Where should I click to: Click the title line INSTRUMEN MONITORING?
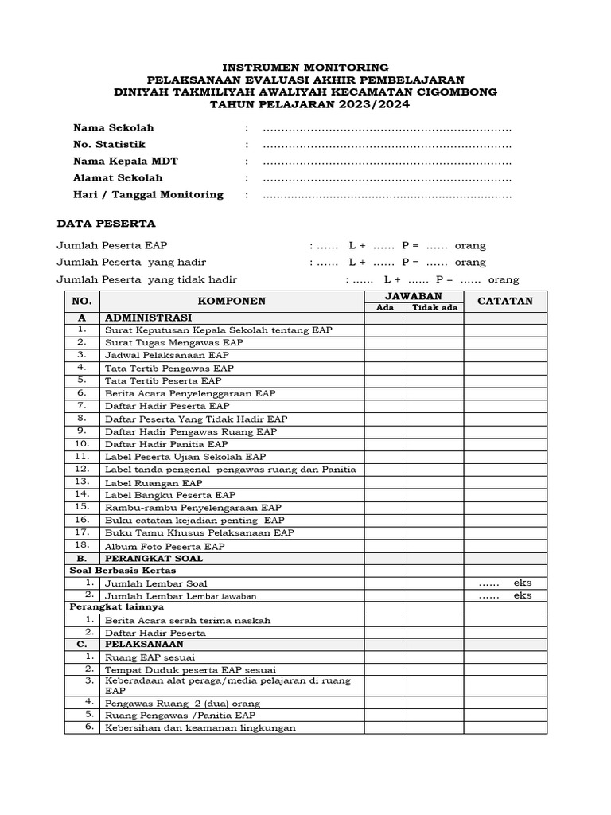point(305,67)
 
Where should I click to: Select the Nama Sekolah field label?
point(113,127)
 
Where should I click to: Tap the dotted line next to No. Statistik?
point(387,145)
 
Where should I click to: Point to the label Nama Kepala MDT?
point(125,162)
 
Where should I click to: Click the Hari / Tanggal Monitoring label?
point(148,194)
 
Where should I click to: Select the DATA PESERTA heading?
point(106,224)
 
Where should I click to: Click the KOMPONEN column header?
point(232,301)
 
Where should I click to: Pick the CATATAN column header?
point(505,301)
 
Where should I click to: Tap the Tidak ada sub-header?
point(435,307)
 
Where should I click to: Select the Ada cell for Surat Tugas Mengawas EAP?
point(386,342)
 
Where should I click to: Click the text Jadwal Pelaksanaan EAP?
point(167,355)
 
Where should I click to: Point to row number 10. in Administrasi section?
point(82,443)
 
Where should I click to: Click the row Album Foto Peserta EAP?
point(165,546)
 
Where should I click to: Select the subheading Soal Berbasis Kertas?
point(123,571)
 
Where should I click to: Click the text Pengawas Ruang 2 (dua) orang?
point(182,704)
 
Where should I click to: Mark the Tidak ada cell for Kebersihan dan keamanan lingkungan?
point(435,728)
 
